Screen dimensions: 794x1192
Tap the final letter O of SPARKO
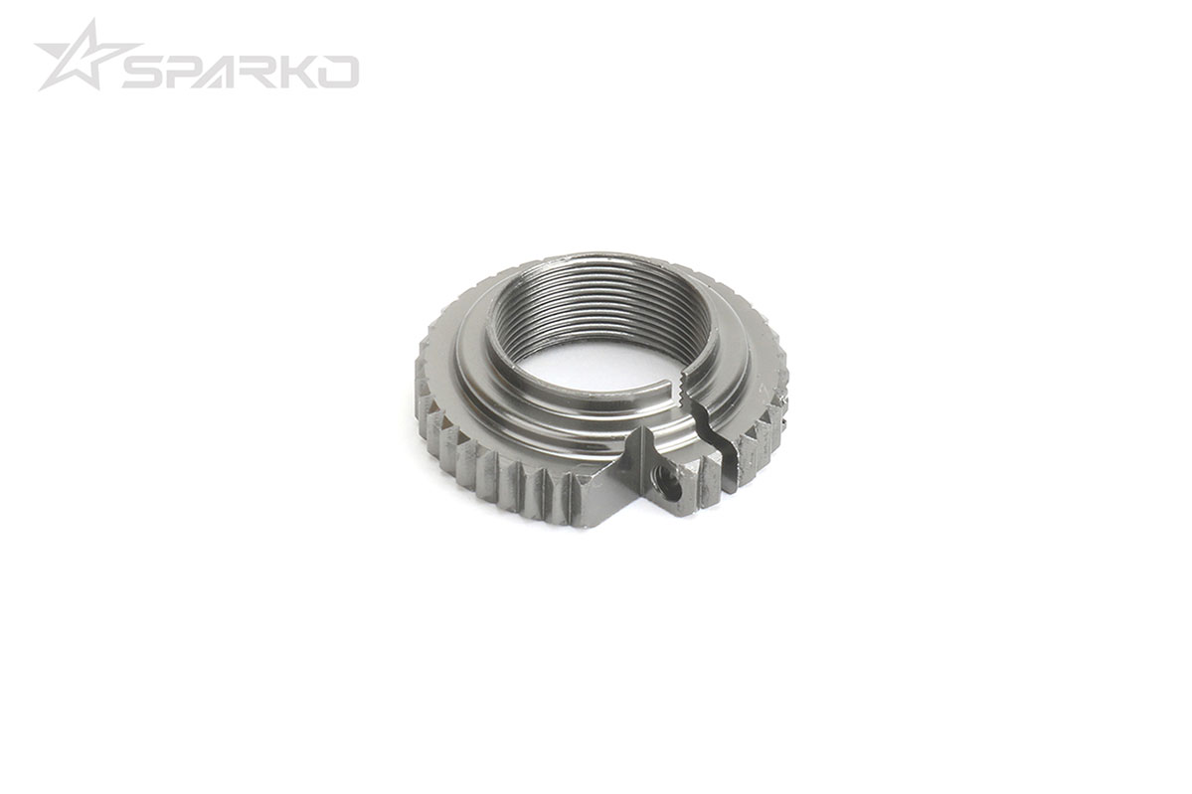click(x=341, y=72)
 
